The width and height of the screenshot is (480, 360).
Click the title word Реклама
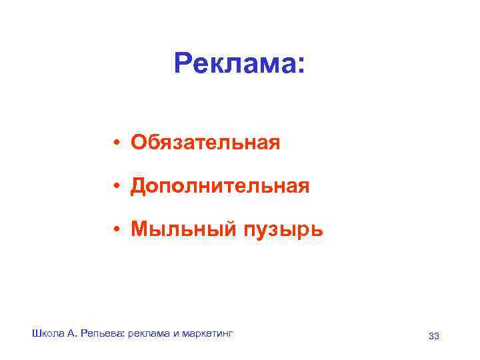pyautogui.click(x=233, y=65)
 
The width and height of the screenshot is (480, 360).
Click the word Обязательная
pyautogui.click(x=205, y=143)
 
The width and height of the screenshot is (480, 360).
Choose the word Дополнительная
pyautogui.click(x=220, y=186)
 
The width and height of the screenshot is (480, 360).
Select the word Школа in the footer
pyautogui.click(x=46, y=333)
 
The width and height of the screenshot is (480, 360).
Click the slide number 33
pyautogui.click(x=433, y=336)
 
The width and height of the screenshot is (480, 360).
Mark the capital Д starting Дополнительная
pyautogui.click(x=138, y=187)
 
